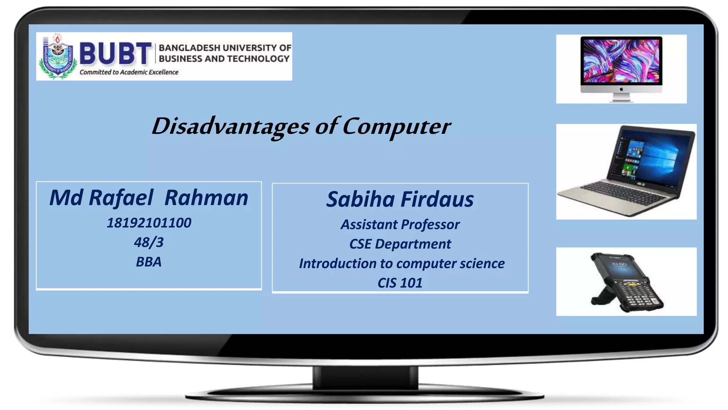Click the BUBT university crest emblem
pyautogui.click(x=58, y=57)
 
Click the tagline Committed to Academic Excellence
pyautogui.click(x=129, y=72)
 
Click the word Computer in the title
pyautogui.click(x=396, y=126)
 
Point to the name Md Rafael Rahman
pyautogui.click(x=149, y=198)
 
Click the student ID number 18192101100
pyautogui.click(x=149, y=223)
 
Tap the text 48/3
pyautogui.click(x=149, y=243)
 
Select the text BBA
pyautogui.click(x=149, y=262)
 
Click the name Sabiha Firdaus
pyautogui.click(x=400, y=199)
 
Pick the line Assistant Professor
pyautogui.click(x=400, y=225)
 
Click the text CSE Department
pyautogui.click(x=400, y=244)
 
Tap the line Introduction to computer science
pyautogui.click(x=402, y=264)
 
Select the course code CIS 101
pyautogui.click(x=400, y=283)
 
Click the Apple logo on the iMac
pyautogui.click(x=621, y=89)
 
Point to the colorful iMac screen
pyautogui.click(x=621, y=61)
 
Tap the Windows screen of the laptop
pyautogui.click(x=651, y=160)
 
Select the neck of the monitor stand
pyautogui.click(x=365, y=377)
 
